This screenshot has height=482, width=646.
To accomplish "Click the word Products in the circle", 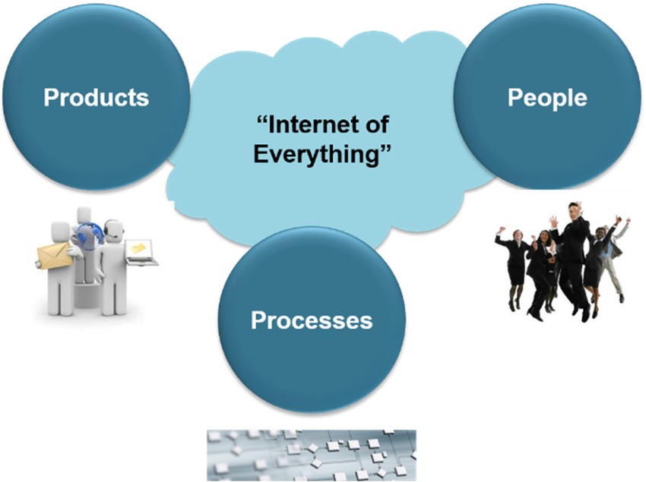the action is (x=96, y=97).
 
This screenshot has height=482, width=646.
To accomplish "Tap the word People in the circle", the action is (x=547, y=98).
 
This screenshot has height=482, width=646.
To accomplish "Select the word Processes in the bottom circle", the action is (x=312, y=320).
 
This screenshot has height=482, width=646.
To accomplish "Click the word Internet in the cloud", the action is (x=314, y=124).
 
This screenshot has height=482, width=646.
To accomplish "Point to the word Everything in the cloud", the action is (x=316, y=154).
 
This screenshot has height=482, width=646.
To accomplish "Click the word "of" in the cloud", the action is (x=376, y=124).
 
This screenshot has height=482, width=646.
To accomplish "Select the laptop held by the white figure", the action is (x=142, y=252).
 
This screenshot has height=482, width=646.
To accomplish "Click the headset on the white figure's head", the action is (x=113, y=228).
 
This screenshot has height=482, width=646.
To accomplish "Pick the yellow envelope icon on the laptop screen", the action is (x=139, y=247).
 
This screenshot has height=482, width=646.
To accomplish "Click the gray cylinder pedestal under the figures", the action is (x=87, y=295).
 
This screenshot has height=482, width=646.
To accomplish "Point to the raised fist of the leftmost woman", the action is (x=502, y=229).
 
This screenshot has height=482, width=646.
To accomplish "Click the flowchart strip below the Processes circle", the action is (x=312, y=455).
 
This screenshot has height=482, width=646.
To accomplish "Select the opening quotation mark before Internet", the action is (x=262, y=120).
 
